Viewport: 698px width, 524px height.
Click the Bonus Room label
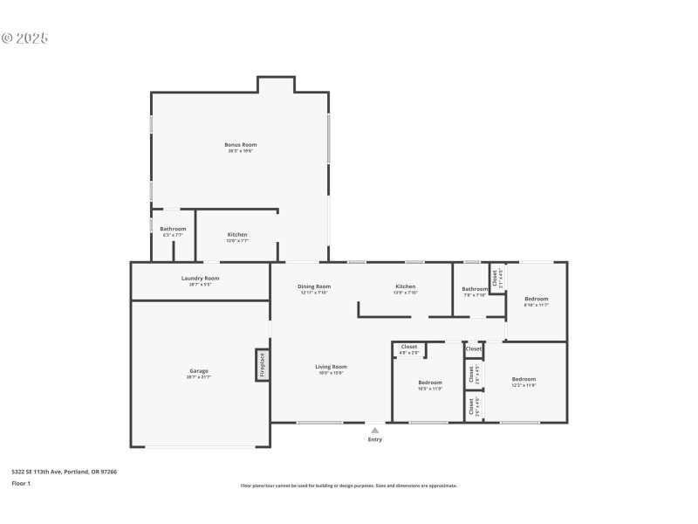click(240, 145)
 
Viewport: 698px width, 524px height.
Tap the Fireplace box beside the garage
click(261, 365)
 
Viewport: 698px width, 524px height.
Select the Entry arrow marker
click(375, 430)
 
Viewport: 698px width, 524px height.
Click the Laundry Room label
click(200, 279)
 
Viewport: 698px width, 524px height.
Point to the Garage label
click(199, 371)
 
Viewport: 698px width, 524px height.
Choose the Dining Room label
click(314, 287)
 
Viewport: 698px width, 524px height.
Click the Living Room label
click(332, 368)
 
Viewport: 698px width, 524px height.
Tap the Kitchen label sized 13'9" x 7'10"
click(405, 287)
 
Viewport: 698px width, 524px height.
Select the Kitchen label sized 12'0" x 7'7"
click(237, 236)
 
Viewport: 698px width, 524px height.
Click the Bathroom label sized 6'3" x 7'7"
click(173, 230)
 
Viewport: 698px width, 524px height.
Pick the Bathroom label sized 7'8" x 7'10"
click(475, 290)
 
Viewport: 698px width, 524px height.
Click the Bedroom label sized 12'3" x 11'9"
click(523, 382)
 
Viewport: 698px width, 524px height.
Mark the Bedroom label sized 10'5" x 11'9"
click(430, 383)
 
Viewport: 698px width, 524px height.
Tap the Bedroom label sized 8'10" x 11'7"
click(536, 300)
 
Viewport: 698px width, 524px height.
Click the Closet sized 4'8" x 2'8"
click(409, 348)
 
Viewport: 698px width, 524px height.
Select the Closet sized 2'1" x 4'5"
click(496, 278)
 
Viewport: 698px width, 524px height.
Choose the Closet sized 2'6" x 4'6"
click(471, 406)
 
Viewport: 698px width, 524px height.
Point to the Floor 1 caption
click(21, 482)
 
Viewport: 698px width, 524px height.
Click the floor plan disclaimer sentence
click(348, 486)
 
